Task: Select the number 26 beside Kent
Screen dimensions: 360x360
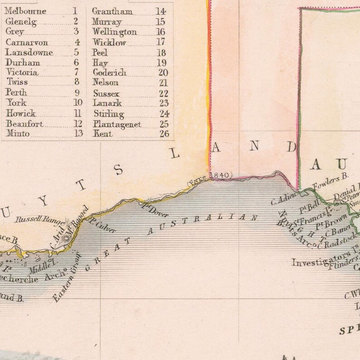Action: [x=164, y=134]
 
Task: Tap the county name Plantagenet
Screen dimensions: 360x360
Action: [x=117, y=124]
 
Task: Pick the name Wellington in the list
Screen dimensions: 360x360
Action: [x=114, y=32]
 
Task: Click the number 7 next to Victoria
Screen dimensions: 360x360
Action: [x=76, y=73]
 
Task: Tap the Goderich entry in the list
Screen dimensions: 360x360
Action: [x=109, y=73]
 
